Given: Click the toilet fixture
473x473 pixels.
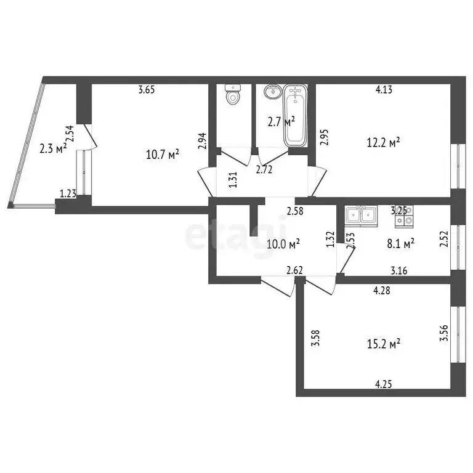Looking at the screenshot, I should [x=232, y=95].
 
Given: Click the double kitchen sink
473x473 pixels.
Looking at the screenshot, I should [x=361, y=215].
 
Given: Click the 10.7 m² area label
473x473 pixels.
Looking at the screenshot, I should [x=163, y=154].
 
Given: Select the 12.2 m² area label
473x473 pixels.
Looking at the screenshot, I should [x=384, y=142].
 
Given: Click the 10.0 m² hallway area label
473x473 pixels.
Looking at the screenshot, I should [x=283, y=243].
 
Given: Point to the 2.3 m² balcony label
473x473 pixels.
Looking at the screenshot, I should [x=52, y=148].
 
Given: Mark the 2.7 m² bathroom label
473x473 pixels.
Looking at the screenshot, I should [x=281, y=121].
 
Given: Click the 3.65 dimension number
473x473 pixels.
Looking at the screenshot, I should [x=146, y=90].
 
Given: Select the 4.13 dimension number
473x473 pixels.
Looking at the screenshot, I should [x=384, y=90].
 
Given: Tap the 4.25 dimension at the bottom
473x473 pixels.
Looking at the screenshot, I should [x=384, y=384].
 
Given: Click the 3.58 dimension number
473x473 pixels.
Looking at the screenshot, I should [x=315, y=339].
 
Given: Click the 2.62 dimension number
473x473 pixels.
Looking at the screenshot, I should [x=293, y=269].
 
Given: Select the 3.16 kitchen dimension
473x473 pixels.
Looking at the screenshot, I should [x=400, y=269].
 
